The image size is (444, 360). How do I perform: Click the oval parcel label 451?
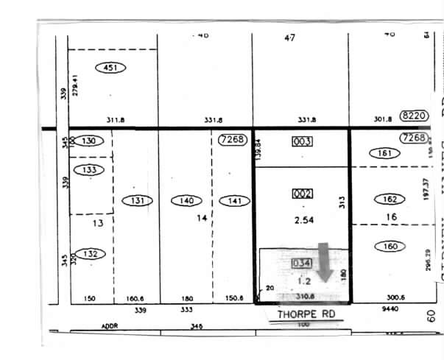[x=111, y=68]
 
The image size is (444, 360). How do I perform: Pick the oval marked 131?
[x=136, y=200]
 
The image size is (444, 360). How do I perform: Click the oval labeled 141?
[x=234, y=200]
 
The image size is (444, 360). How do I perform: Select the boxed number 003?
[x=303, y=141]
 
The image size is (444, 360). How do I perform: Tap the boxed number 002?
[x=303, y=194]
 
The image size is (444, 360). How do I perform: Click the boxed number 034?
[x=302, y=263]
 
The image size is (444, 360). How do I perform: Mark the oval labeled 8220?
[x=412, y=116]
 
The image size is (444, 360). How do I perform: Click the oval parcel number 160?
[x=390, y=246]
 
